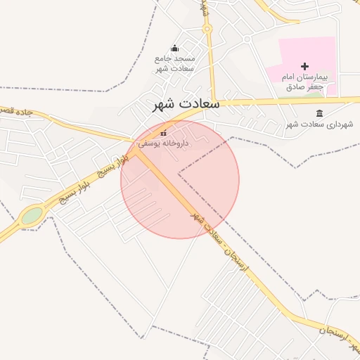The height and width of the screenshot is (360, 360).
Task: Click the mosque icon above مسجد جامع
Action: (x=175, y=48)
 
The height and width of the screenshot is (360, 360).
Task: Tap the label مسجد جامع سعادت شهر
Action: (x=174, y=63)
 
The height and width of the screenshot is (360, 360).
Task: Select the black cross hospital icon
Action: (x=304, y=65)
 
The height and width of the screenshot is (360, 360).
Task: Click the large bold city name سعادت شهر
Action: (x=186, y=104)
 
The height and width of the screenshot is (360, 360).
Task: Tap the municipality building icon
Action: (x=320, y=113)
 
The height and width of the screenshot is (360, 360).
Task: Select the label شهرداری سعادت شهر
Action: (x=320, y=124)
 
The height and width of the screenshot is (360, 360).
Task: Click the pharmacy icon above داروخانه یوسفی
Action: (x=164, y=132)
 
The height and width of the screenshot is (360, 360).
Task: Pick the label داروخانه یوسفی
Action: (x=158, y=143)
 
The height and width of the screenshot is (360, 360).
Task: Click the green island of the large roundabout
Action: (x=31, y=215)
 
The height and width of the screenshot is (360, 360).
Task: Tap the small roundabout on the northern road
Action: (x=207, y=29)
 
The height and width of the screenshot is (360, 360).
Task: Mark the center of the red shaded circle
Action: (x=180, y=179)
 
